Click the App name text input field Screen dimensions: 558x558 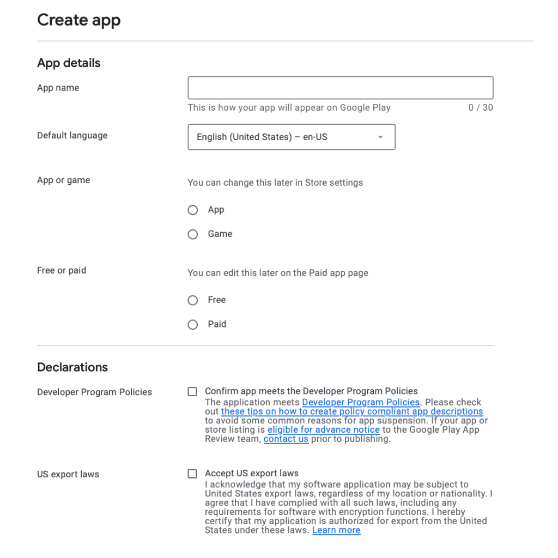[340, 88]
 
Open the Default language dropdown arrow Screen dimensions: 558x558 [380, 137]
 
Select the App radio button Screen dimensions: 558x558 [192, 210]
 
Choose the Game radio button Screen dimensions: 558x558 [192, 234]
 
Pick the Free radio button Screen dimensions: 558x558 [192, 300]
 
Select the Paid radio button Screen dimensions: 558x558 [192, 325]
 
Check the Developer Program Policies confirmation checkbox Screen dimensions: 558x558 [192, 392]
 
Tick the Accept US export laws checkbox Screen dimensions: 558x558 [192, 474]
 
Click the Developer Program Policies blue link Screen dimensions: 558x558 [361, 402]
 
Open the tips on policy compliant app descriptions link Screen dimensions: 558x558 [352, 411]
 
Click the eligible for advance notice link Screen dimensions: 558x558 [323, 429]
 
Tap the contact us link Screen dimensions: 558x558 [286, 439]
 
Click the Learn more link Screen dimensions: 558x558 [336, 530]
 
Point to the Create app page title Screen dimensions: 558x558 [79, 20]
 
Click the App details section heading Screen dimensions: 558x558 [69, 63]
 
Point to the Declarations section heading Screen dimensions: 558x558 [72, 367]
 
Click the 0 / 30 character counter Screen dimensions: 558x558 [480, 108]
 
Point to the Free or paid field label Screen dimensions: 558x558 [62, 270]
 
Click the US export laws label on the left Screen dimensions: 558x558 [68, 474]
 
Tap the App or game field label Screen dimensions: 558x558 [63, 180]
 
